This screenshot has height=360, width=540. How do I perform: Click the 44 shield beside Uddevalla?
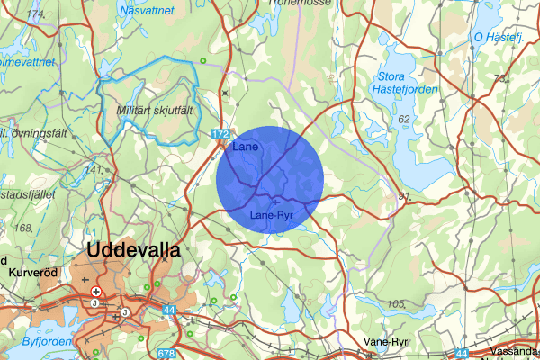(x=169, y=310)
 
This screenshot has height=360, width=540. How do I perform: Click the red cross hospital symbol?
(x=96, y=292)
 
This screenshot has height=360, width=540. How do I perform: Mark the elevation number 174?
(x=36, y=15)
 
